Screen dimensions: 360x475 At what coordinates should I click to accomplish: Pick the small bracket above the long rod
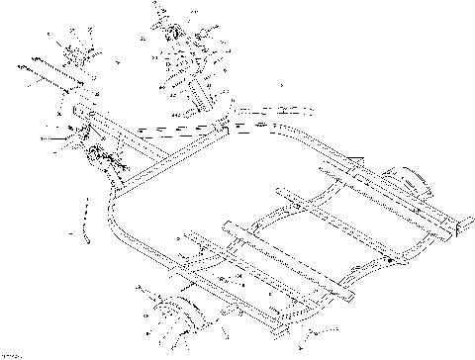(x=68, y=54)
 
